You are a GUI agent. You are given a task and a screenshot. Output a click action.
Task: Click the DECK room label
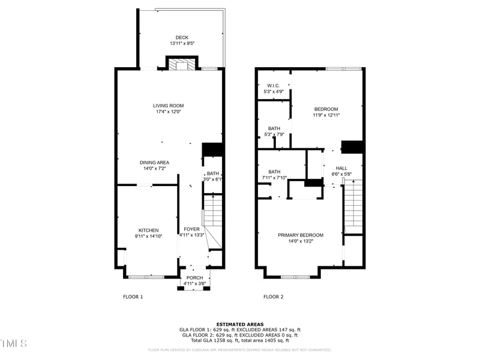tap(181, 37)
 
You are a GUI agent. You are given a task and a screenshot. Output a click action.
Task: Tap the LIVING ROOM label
tap(168, 106)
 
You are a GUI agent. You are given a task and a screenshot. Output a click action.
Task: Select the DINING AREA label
tap(154, 163)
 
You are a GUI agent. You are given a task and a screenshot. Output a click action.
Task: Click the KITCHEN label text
tap(149, 230)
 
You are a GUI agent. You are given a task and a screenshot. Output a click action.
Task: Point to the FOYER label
tap(191, 229)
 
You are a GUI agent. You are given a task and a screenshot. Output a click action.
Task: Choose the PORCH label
tap(194, 277)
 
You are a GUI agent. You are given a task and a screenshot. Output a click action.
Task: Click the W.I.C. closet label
tap(274, 86)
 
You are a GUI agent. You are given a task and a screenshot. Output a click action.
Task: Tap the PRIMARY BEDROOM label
tap(300, 235)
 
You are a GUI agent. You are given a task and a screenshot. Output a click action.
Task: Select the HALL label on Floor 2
tap(341, 169)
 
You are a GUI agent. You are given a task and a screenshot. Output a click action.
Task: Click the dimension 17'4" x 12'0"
tap(168, 112)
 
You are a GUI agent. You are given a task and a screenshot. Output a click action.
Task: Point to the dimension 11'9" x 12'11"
tap(326, 115)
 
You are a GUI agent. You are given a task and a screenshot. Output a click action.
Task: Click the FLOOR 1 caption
tap(133, 297)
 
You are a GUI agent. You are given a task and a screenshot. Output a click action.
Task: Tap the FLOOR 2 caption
tap(273, 297)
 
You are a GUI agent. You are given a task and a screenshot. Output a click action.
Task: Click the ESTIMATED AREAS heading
tap(240, 324)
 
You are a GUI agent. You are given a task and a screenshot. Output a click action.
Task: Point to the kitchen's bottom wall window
tap(146, 277)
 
